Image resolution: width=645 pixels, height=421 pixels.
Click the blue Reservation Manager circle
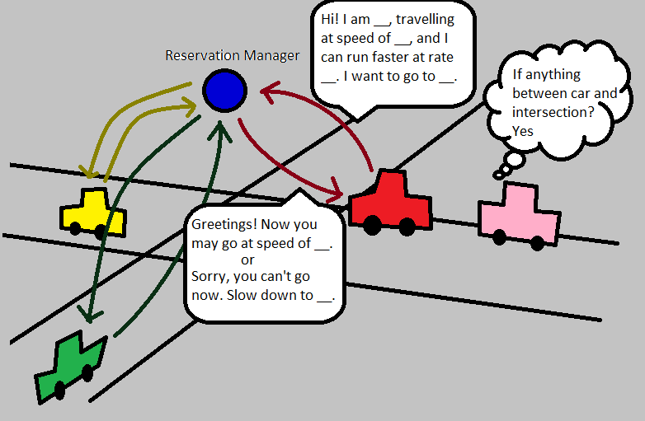224,90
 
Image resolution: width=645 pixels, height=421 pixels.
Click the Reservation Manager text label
232,56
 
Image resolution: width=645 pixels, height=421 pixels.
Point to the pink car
519,216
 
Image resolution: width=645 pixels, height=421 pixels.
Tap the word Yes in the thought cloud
523,131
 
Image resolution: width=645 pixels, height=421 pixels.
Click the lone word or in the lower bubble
260,260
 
